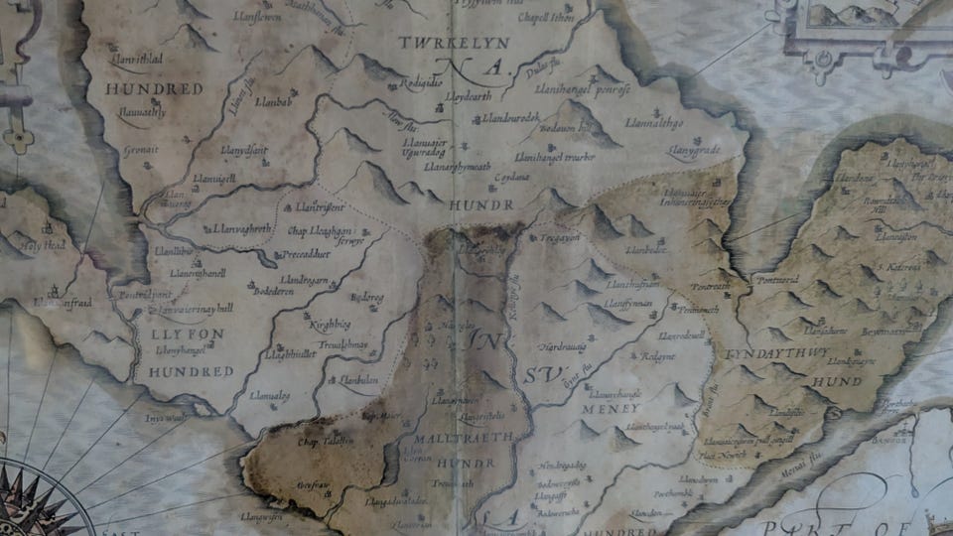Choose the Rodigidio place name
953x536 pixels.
pos(421,83)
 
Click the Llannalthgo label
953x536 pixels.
pos(653,123)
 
